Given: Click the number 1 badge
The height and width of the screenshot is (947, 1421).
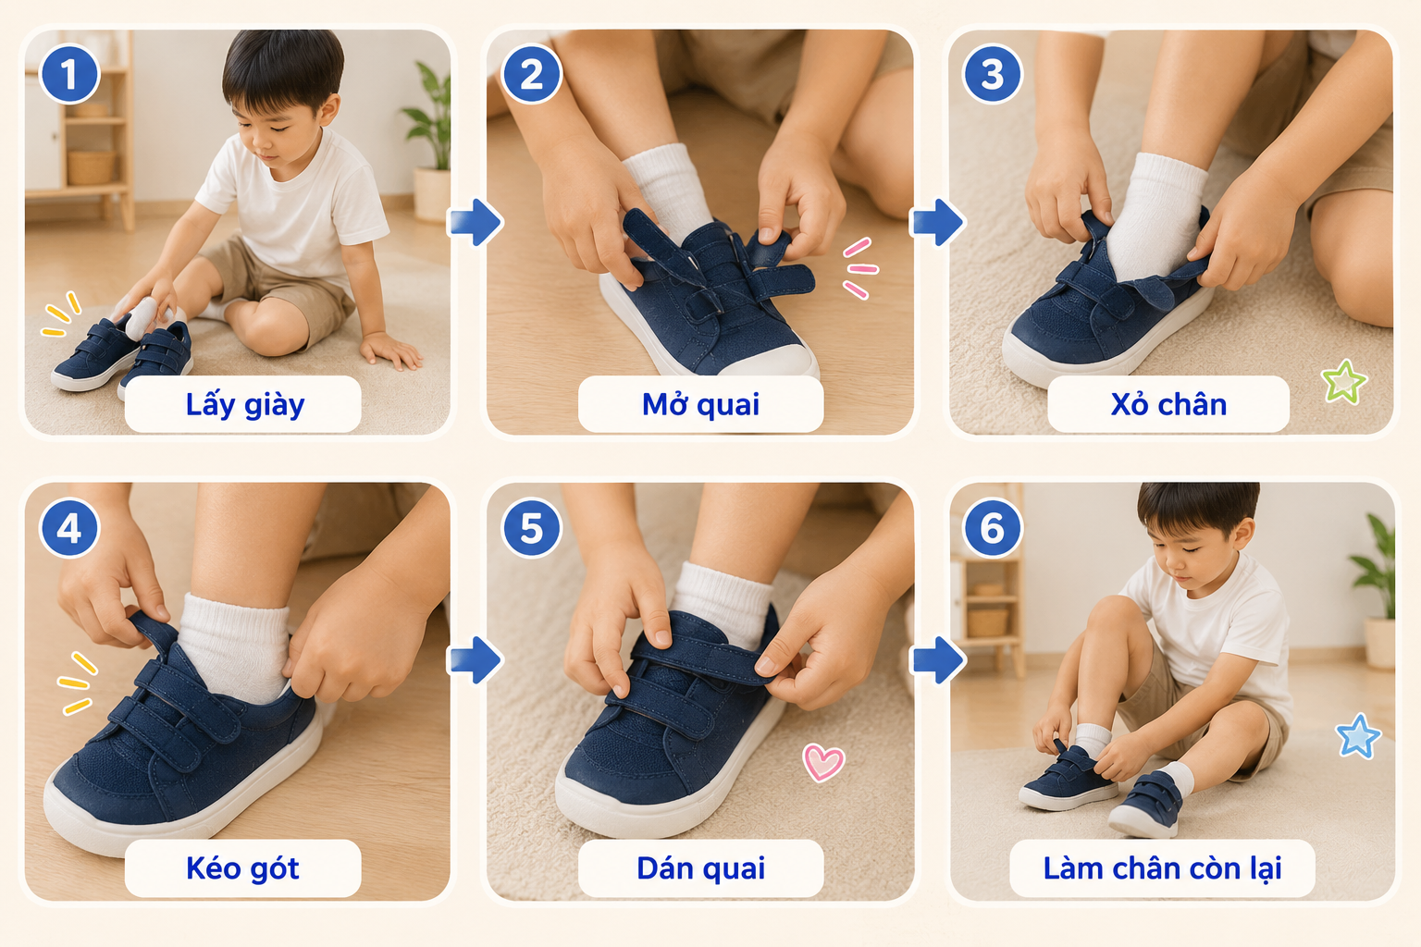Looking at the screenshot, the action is pyautogui.click(x=69, y=74).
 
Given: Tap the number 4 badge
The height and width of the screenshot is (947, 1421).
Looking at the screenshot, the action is pyautogui.click(x=69, y=528).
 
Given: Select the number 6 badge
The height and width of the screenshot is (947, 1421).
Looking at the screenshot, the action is pyautogui.click(x=993, y=528).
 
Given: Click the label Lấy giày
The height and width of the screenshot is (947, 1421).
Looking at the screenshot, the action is pyautogui.click(x=244, y=405).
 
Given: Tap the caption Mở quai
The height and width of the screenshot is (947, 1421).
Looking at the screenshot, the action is pyautogui.click(x=700, y=405).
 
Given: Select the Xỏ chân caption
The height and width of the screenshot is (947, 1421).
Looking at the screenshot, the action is pyautogui.click(x=1168, y=405).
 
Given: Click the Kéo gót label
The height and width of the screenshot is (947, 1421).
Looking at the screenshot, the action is pyautogui.click(x=242, y=868).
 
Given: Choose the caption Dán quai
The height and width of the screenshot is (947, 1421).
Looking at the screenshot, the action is pyautogui.click(x=700, y=868).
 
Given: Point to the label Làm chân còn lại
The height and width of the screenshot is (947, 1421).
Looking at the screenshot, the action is pyautogui.click(x=1162, y=868).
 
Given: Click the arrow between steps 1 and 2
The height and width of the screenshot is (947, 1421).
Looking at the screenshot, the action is pyautogui.click(x=476, y=222).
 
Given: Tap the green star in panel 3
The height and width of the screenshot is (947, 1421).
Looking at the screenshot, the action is pyautogui.click(x=1343, y=382).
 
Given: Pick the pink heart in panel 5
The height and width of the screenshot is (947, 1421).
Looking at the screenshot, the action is pyautogui.click(x=823, y=762).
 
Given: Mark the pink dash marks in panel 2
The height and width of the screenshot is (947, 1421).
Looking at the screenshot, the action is pyautogui.click(x=860, y=268).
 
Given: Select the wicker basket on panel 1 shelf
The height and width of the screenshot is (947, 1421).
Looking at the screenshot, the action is pyautogui.click(x=91, y=167).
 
